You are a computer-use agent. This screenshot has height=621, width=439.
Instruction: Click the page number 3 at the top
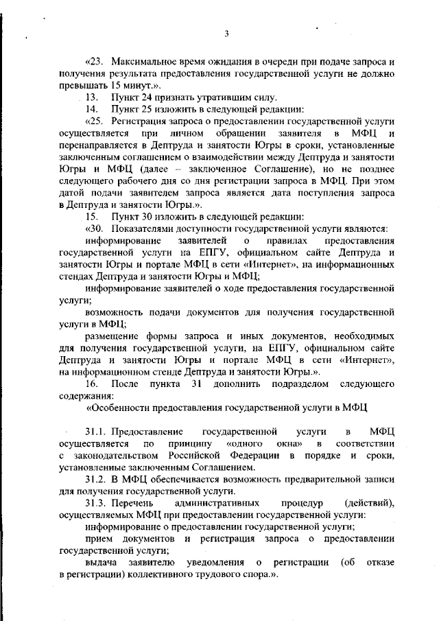[225, 33]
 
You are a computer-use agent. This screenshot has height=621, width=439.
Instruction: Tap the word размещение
[113, 336]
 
